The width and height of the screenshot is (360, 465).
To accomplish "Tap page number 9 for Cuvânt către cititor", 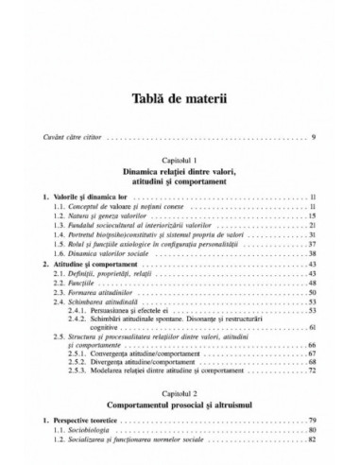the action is pos(313,140).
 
